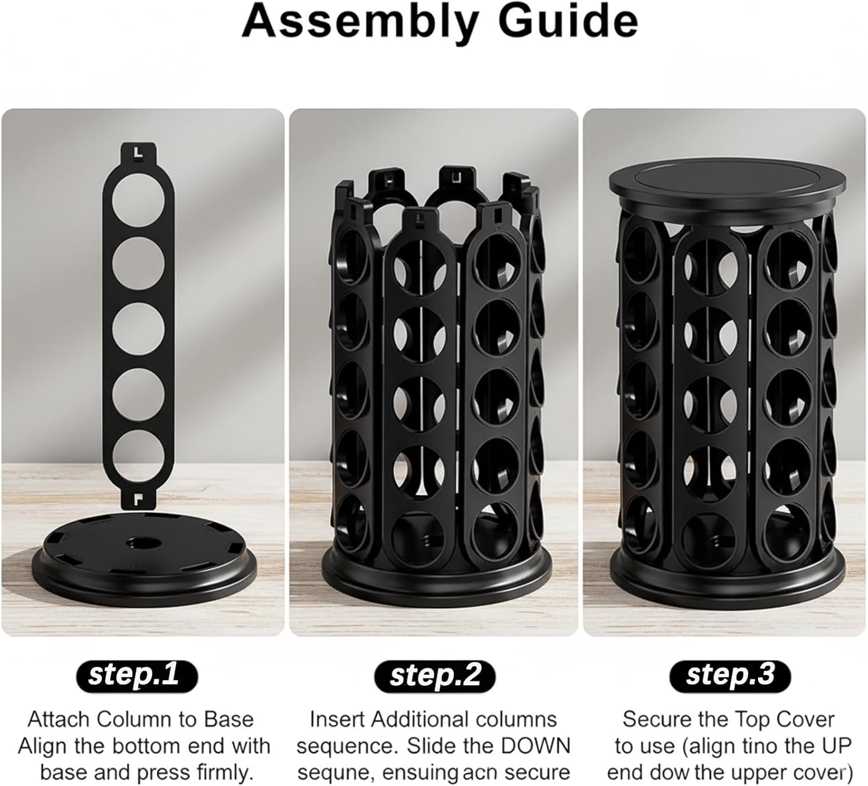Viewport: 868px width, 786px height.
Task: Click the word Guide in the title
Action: coord(569,20)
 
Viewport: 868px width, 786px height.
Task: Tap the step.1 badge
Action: coord(137,675)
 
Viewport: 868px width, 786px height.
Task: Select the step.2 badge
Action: coord(434,675)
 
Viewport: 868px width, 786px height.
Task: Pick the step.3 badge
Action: coord(730,675)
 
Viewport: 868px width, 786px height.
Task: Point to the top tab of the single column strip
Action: coord(138,155)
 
